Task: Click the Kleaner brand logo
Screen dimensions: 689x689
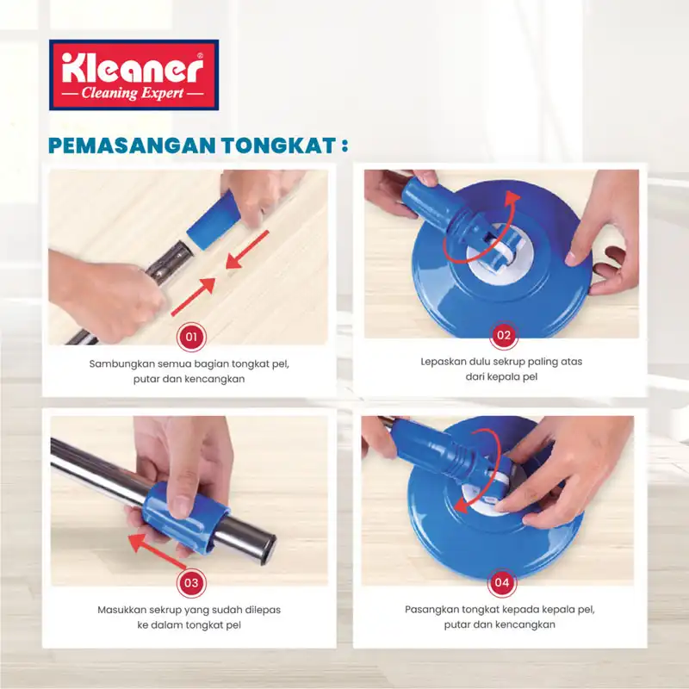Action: (133, 75)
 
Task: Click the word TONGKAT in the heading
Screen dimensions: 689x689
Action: (278, 146)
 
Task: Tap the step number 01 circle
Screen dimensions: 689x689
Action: (190, 337)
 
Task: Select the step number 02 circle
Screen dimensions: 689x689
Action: (504, 335)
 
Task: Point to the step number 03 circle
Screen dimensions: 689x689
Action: (191, 583)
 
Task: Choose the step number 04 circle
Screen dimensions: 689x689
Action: (502, 583)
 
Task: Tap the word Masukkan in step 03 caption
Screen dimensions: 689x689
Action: (121, 610)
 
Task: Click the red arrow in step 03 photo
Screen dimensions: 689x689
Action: (158, 552)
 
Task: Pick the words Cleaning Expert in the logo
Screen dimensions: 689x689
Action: (133, 94)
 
